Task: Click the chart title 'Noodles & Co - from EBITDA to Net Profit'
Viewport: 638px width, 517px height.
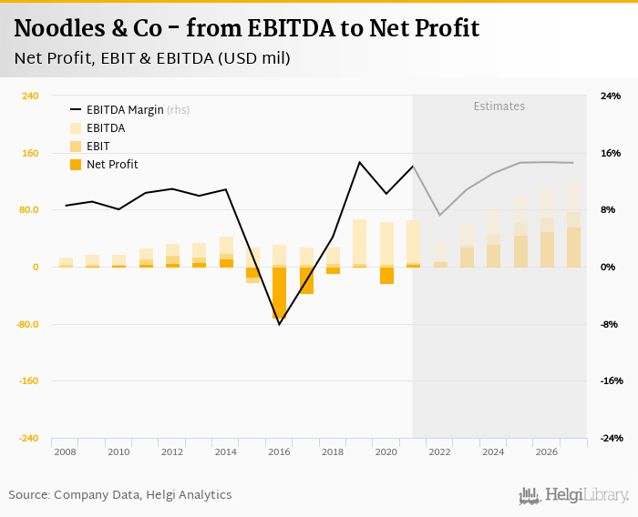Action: click(x=246, y=28)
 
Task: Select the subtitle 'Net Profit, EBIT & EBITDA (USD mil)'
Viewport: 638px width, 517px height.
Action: click(x=152, y=58)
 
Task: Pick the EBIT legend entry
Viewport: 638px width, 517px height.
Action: click(x=98, y=146)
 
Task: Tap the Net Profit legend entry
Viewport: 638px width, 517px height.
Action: click(x=111, y=164)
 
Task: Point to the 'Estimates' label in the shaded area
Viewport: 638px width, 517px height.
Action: click(x=499, y=106)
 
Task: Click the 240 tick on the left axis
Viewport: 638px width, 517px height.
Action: click(x=29, y=96)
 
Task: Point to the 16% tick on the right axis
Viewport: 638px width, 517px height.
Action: click(x=610, y=153)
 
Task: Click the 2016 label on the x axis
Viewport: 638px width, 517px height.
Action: click(x=279, y=451)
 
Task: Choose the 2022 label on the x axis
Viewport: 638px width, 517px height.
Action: click(x=439, y=451)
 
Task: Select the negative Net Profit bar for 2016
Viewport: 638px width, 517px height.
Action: click(x=279, y=293)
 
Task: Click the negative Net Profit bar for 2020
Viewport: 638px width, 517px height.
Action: click(x=386, y=275)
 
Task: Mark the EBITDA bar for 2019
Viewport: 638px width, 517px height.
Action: click(x=359, y=242)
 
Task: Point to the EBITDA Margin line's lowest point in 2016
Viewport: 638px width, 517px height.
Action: click(x=279, y=324)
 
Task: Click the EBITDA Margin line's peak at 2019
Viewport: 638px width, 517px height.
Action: click(x=359, y=163)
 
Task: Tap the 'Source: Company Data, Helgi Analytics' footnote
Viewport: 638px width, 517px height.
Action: click(x=120, y=494)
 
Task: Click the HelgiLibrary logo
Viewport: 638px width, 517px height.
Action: click(x=574, y=495)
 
